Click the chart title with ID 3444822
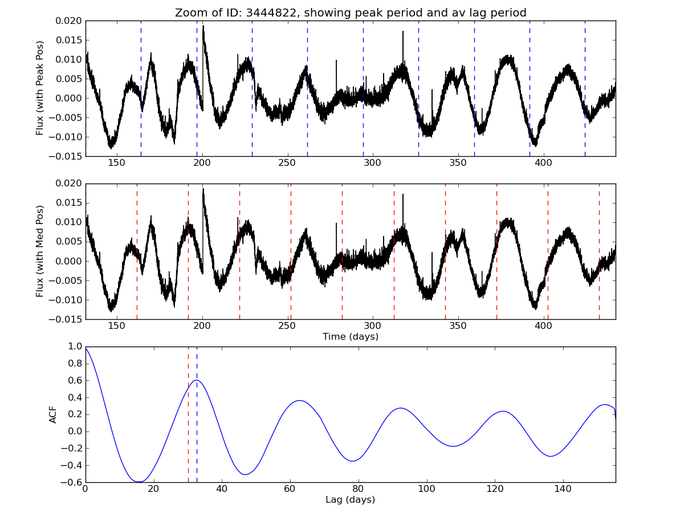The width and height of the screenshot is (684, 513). [350, 13]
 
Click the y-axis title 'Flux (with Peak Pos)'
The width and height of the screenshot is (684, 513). [40, 88]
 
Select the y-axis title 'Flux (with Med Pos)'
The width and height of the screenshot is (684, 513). [40, 251]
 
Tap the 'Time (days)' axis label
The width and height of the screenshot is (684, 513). [350, 336]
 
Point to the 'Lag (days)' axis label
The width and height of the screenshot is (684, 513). [350, 500]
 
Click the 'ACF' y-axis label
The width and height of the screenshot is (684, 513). [53, 414]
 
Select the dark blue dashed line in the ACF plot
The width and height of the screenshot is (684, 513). [197, 433]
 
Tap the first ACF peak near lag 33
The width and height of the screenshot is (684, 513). [196, 380]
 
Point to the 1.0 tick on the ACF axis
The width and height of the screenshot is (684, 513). [74, 347]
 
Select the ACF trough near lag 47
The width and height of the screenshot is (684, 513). [245, 474]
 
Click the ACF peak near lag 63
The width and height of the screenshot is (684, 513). [300, 400]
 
